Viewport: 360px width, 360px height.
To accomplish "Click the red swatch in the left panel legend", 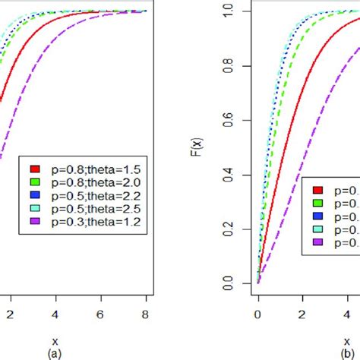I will click(35, 169).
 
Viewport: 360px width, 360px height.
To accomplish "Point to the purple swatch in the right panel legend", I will click(318, 243).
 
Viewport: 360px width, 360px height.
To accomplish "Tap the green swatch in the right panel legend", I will click(318, 204).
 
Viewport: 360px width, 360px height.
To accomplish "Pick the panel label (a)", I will click(54, 353).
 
